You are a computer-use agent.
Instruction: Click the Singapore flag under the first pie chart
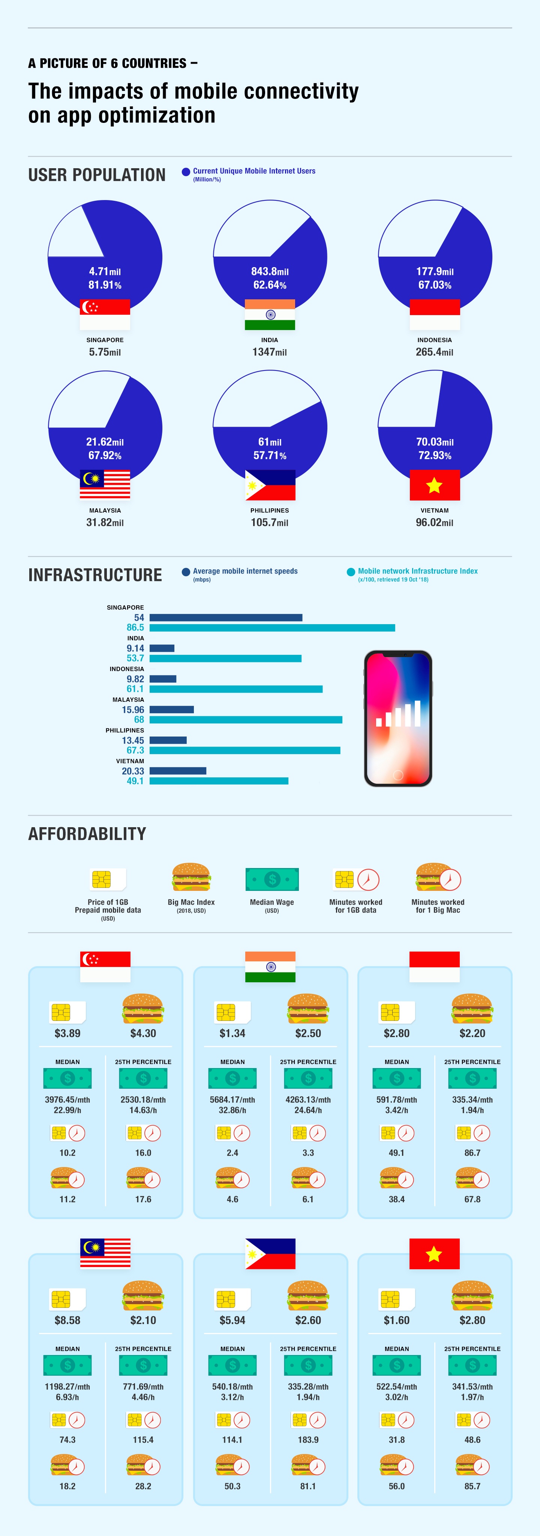(105, 314)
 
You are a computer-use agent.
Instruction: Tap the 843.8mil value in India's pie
(270, 271)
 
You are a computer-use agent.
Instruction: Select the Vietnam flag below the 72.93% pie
(434, 485)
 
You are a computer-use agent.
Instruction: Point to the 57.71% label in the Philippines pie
(270, 456)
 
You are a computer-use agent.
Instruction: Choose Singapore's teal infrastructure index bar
(272, 627)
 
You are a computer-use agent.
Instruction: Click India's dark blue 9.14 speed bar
(162, 648)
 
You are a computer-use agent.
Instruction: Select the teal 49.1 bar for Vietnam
(219, 780)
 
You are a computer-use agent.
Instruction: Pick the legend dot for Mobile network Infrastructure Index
(351, 572)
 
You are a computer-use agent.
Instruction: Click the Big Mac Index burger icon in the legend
(191, 878)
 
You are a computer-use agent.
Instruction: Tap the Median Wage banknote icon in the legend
(272, 879)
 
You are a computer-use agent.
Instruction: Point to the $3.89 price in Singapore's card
(67, 1033)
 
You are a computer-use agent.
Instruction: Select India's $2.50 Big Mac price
(308, 1033)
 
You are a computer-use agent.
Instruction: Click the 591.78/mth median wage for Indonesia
(397, 1100)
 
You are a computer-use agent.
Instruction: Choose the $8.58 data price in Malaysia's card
(67, 1320)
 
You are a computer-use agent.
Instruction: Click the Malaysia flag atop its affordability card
(105, 1253)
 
